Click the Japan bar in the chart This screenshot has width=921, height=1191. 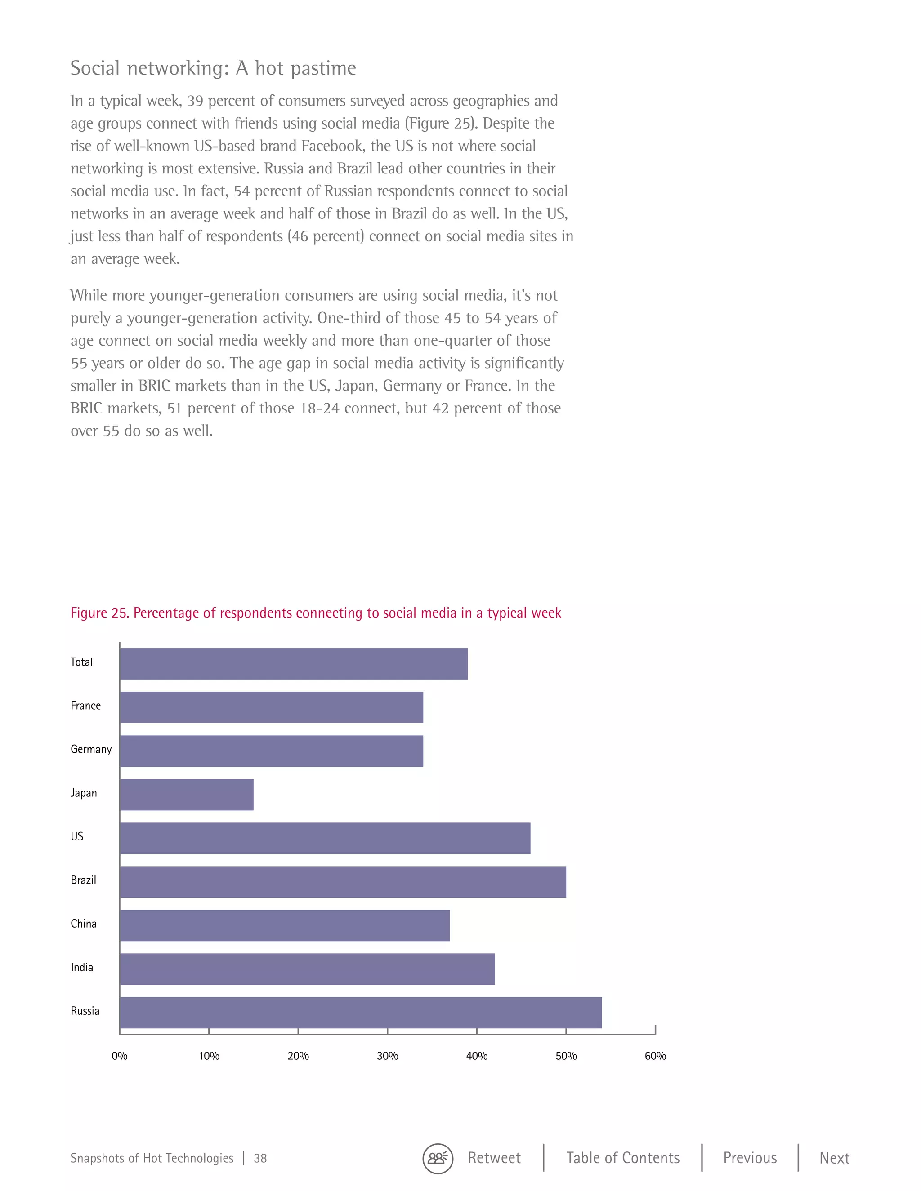(187, 795)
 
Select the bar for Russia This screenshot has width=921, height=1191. (361, 1013)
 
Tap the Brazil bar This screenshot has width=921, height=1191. (343, 882)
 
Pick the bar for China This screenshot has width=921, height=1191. (285, 925)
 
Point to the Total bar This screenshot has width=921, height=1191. (294, 664)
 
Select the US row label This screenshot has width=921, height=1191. (77, 836)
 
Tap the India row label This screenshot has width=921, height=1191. (82, 968)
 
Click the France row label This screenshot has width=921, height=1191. (85, 706)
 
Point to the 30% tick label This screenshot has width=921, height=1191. (387, 1056)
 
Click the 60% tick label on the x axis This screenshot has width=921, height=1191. (655, 1056)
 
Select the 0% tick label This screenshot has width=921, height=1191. (120, 1056)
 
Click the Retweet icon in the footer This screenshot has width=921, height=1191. (438, 1158)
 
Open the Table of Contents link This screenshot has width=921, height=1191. (622, 1158)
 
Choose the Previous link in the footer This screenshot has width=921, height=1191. (750, 1158)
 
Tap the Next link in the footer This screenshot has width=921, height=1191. (834, 1158)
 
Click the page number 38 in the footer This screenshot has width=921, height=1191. (260, 1158)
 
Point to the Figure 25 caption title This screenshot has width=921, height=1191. (316, 613)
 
